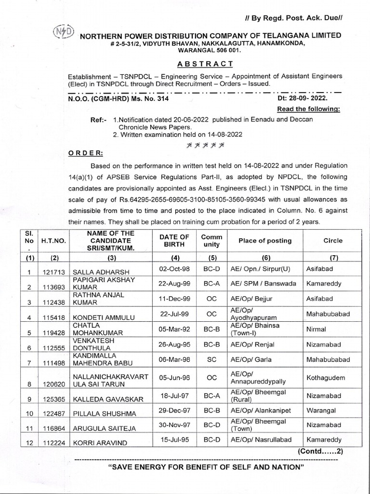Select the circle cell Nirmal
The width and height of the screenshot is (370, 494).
pos(317,329)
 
